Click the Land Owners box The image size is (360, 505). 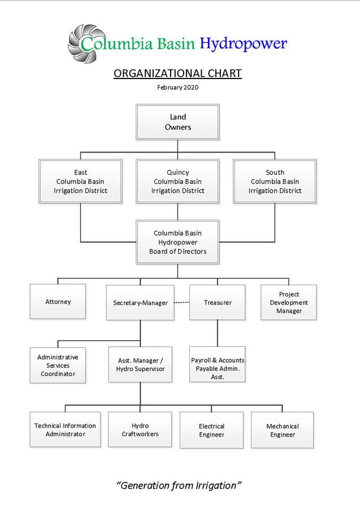coord(177,123)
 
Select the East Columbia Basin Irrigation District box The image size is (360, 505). coord(80,181)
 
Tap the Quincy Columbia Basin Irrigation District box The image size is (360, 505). coord(177,181)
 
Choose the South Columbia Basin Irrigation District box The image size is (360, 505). coord(275,181)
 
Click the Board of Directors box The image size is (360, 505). coord(177,242)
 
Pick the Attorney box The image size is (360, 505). coord(58,302)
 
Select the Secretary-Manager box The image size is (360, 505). coord(140,303)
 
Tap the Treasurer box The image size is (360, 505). coord(218,303)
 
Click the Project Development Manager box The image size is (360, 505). coord(289,303)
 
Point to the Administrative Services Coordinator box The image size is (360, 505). coord(58,365)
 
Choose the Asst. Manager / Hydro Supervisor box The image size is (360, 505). coord(140,364)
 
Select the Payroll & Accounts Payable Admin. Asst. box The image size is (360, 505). coord(218,364)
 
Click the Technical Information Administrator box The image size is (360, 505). coord(65,430)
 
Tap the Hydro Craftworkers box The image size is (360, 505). coord(140,430)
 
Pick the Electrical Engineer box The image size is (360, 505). coord(211,430)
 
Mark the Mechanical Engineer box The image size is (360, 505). coord(282,430)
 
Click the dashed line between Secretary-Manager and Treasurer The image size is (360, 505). coord(181,303)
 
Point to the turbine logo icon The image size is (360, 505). coord(85,42)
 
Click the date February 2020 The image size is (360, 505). coord(177,87)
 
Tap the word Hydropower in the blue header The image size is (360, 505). coord(244,43)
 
